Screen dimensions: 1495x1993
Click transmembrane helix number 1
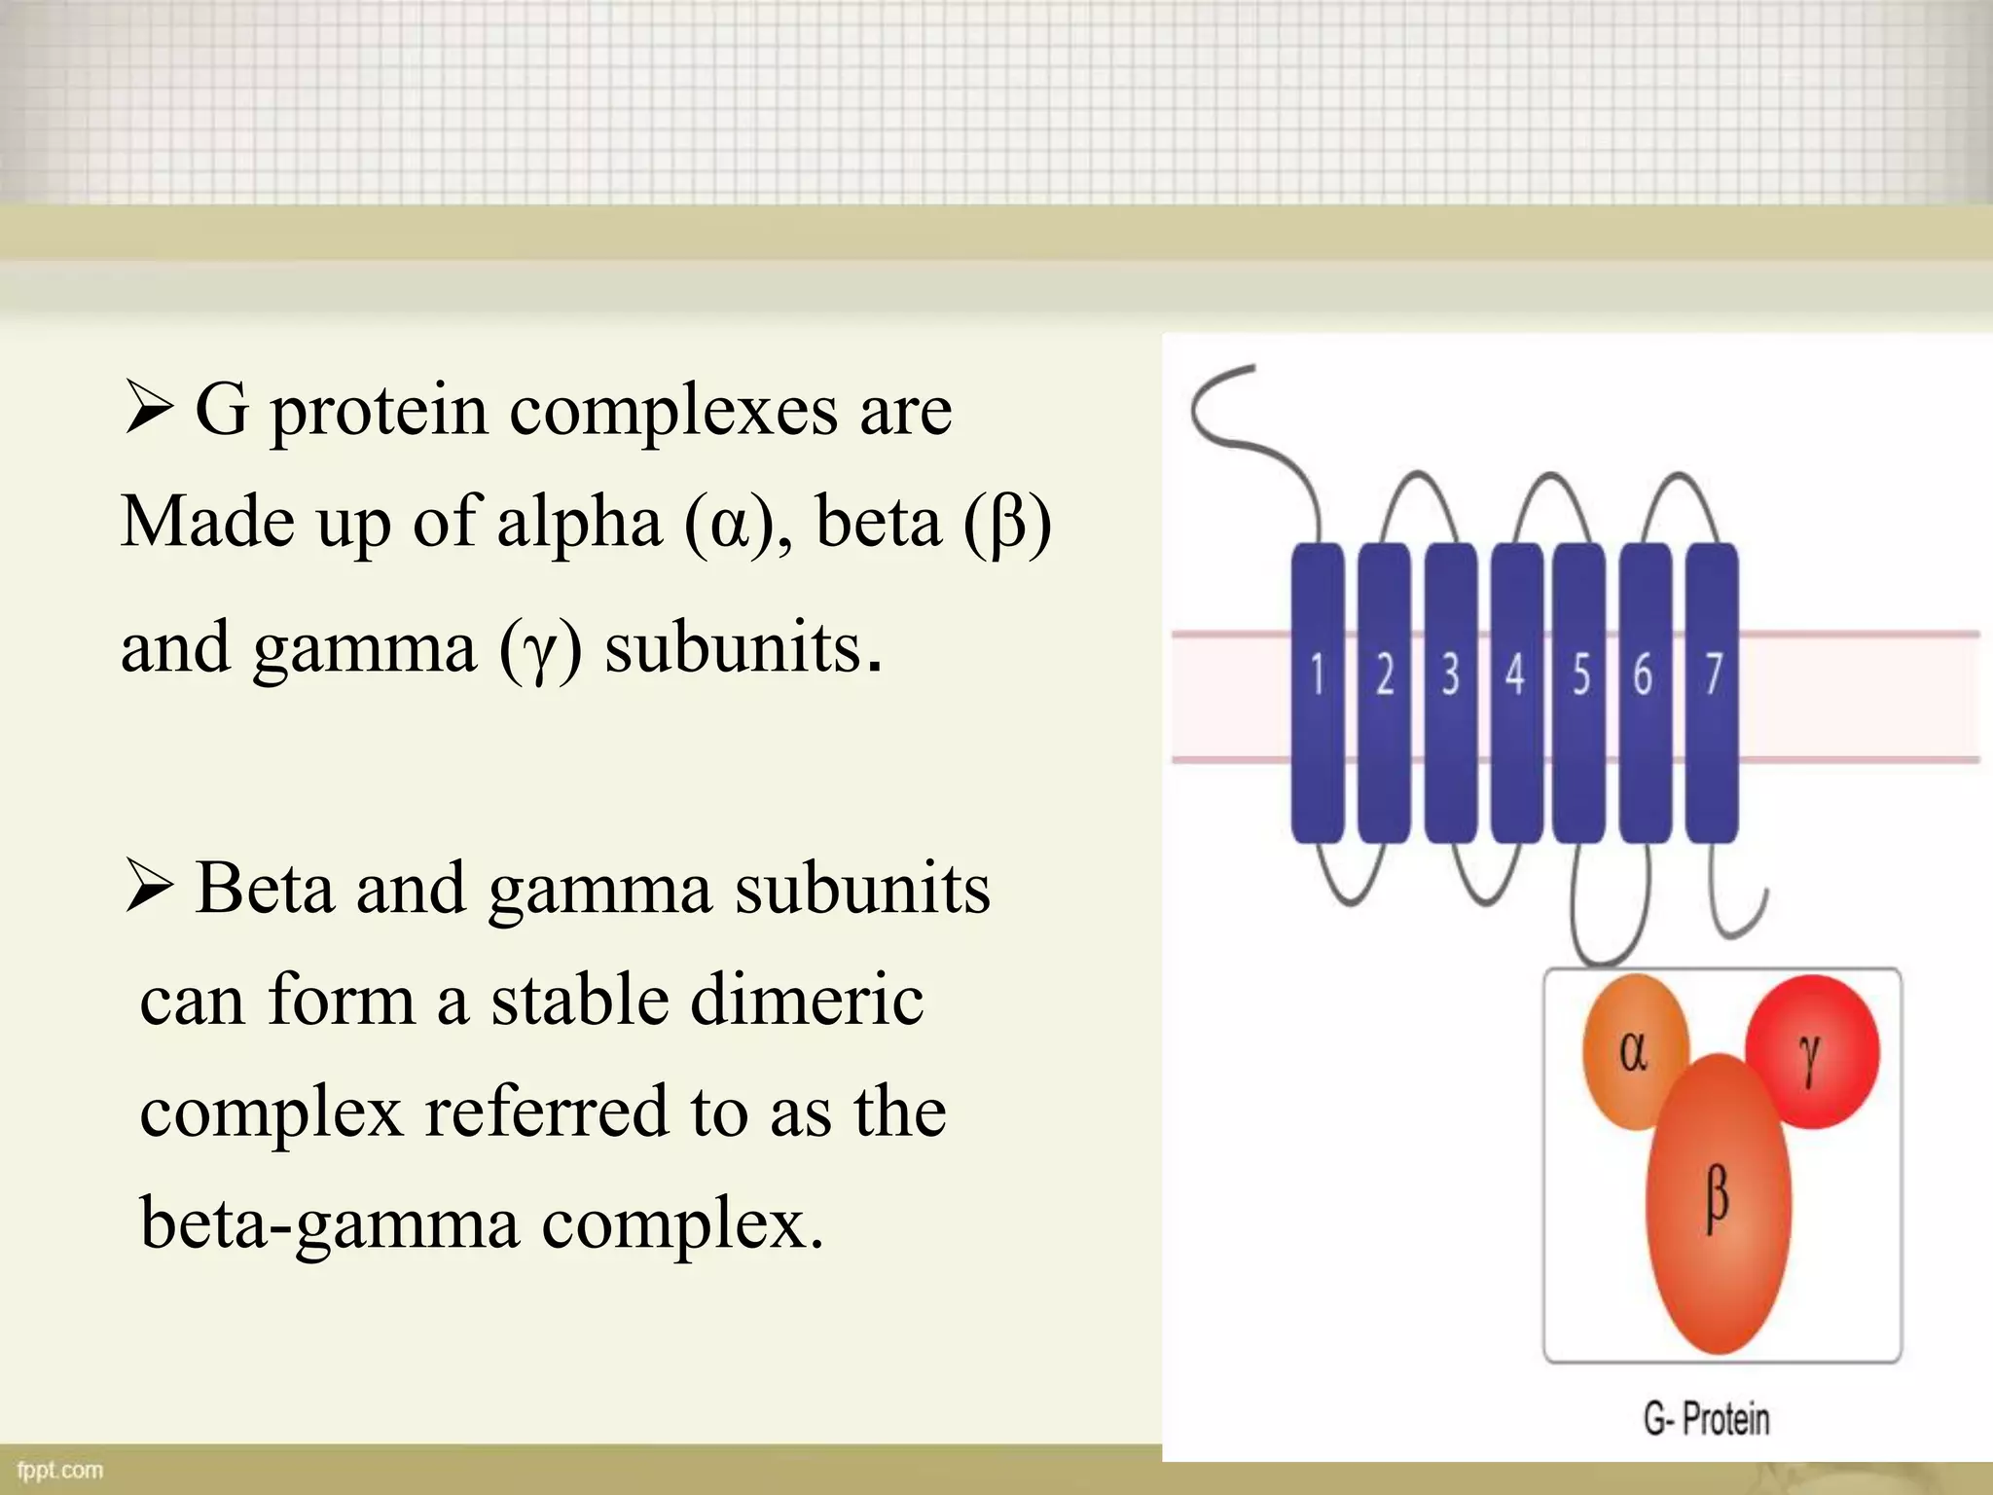click(1317, 693)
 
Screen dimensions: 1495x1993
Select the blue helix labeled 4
click(1515, 693)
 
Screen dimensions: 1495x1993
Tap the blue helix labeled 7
click(1712, 693)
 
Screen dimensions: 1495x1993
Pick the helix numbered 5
click(1579, 693)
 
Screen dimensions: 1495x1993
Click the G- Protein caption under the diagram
click(1706, 1418)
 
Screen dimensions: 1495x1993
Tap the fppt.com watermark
click(60, 1469)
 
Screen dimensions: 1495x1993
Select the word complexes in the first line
click(673, 412)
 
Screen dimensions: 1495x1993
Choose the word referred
click(546, 1112)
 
